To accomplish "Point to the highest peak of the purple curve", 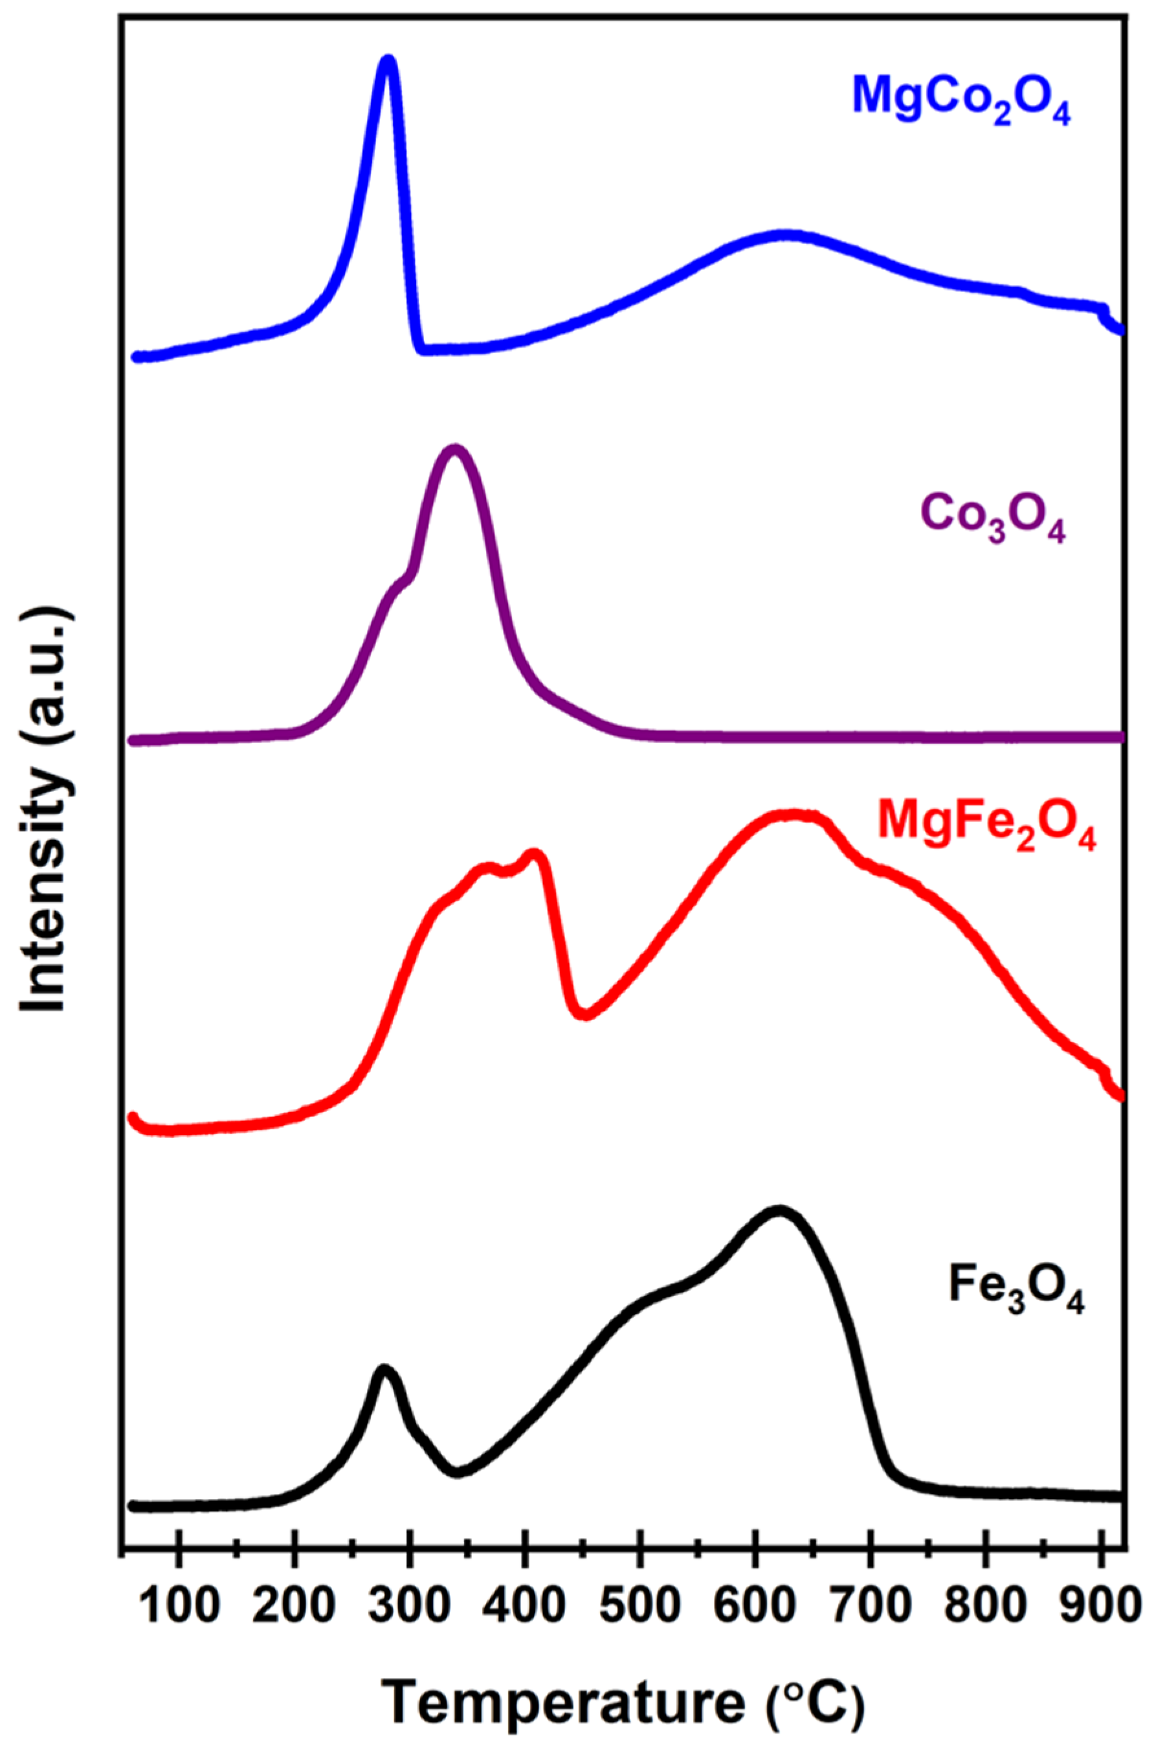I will pos(454,450).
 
